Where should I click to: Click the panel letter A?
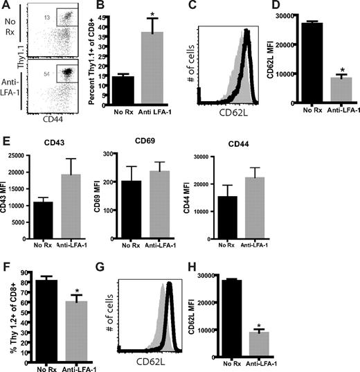[x=6, y=6]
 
